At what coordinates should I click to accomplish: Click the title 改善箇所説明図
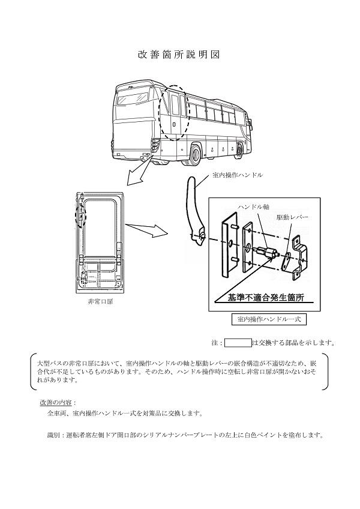[179, 55]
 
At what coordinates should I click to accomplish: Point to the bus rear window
[133, 96]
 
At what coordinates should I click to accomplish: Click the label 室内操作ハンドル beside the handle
[237, 175]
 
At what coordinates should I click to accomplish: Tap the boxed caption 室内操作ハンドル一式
[266, 319]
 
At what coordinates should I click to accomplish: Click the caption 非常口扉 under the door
[101, 301]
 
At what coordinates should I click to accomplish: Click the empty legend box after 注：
[237, 343]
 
